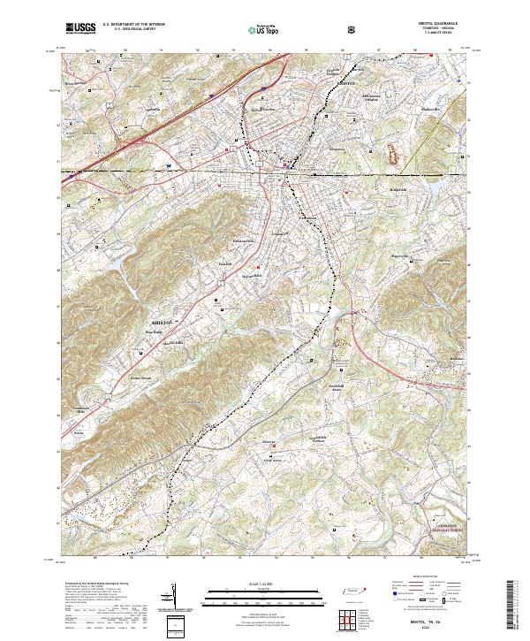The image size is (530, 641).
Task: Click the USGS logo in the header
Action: (x=80, y=28)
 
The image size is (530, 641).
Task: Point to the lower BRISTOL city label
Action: (x=163, y=324)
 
